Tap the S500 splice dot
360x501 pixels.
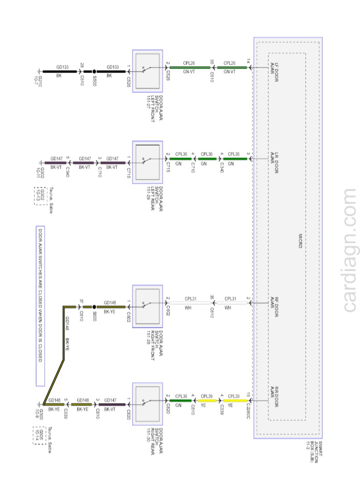[x=94, y=71]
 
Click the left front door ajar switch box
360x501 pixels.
[x=148, y=71]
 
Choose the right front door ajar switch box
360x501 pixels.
[x=148, y=306]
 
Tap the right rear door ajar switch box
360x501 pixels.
[x=148, y=404]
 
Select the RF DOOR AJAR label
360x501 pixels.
[x=275, y=302]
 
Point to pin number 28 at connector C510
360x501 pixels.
[x=82, y=66]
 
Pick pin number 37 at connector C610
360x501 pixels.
[x=82, y=301]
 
